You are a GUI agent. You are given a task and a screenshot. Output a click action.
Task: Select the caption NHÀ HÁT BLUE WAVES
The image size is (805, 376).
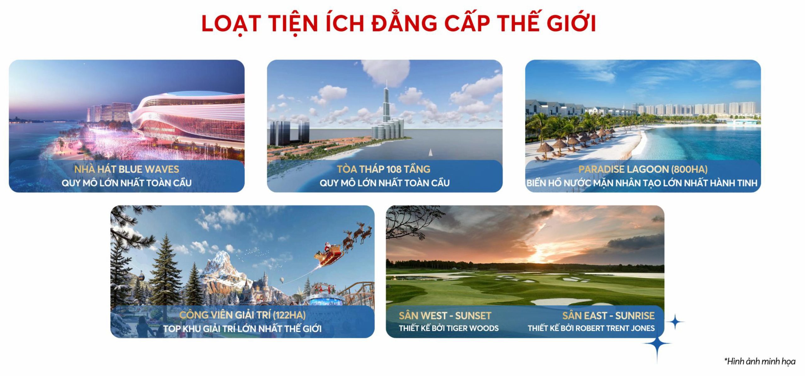coord(126,169)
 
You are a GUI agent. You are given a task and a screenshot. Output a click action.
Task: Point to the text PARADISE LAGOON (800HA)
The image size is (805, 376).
coord(643,169)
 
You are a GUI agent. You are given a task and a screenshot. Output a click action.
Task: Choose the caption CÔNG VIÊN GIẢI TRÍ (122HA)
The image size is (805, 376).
coord(242,315)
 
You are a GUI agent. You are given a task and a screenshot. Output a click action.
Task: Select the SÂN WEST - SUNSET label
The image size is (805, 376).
coord(445,316)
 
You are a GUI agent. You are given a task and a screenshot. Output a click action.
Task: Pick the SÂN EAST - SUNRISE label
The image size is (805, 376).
coord(608,316)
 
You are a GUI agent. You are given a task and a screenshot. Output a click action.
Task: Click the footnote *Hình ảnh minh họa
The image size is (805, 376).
coord(760,361)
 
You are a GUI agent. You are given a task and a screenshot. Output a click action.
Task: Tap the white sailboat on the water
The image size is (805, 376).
coord(430,152)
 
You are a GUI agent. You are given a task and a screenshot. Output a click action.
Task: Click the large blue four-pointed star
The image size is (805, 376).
coord(657,344)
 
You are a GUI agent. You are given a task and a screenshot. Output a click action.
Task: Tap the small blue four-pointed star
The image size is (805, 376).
coord(675,322)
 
